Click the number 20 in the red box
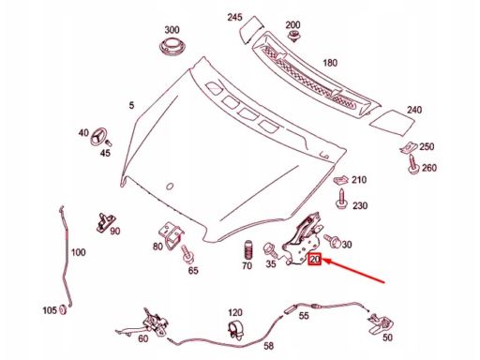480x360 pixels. click(x=314, y=259)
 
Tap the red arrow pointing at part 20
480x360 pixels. click(x=354, y=271)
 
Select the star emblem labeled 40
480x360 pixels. click(x=98, y=136)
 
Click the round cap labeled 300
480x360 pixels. click(x=172, y=48)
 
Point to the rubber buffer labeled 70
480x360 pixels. click(x=247, y=250)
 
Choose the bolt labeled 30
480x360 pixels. click(x=333, y=241)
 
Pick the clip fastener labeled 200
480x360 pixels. click(x=293, y=36)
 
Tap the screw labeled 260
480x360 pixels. click(x=413, y=164)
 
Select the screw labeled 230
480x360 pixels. click(x=341, y=199)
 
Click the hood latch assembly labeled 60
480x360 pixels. click(x=146, y=323)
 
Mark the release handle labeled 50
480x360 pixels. click(x=382, y=323)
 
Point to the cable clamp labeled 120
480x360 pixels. click(x=236, y=330)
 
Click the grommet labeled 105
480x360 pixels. click(x=64, y=309)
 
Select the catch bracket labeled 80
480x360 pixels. click(x=171, y=235)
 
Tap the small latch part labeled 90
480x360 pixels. click(x=104, y=222)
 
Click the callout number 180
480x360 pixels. click(x=330, y=63)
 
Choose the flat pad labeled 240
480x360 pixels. click(x=393, y=122)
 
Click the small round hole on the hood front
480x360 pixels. click(x=170, y=187)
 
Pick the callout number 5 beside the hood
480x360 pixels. click(x=131, y=105)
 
